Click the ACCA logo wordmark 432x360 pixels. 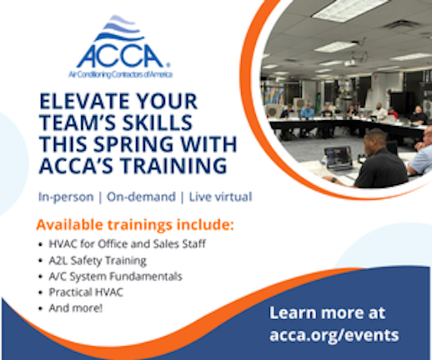coord(121,56)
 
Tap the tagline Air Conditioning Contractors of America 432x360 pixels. coord(120,74)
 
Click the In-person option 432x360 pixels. coord(66,197)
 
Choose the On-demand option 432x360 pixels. coord(141,197)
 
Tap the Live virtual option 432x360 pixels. coord(221,197)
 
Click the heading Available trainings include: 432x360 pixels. coord(135,225)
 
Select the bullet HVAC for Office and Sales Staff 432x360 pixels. coord(128,244)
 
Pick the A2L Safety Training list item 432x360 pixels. coord(98,260)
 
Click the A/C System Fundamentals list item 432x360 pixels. coord(116,276)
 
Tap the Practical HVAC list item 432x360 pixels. coord(86,292)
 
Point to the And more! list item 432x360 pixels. coord(76,308)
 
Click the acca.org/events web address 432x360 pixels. coord(334,335)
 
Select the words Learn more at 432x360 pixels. coord(327,313)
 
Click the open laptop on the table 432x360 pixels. coord(338,158)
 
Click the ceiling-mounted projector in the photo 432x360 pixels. coord(350,63)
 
